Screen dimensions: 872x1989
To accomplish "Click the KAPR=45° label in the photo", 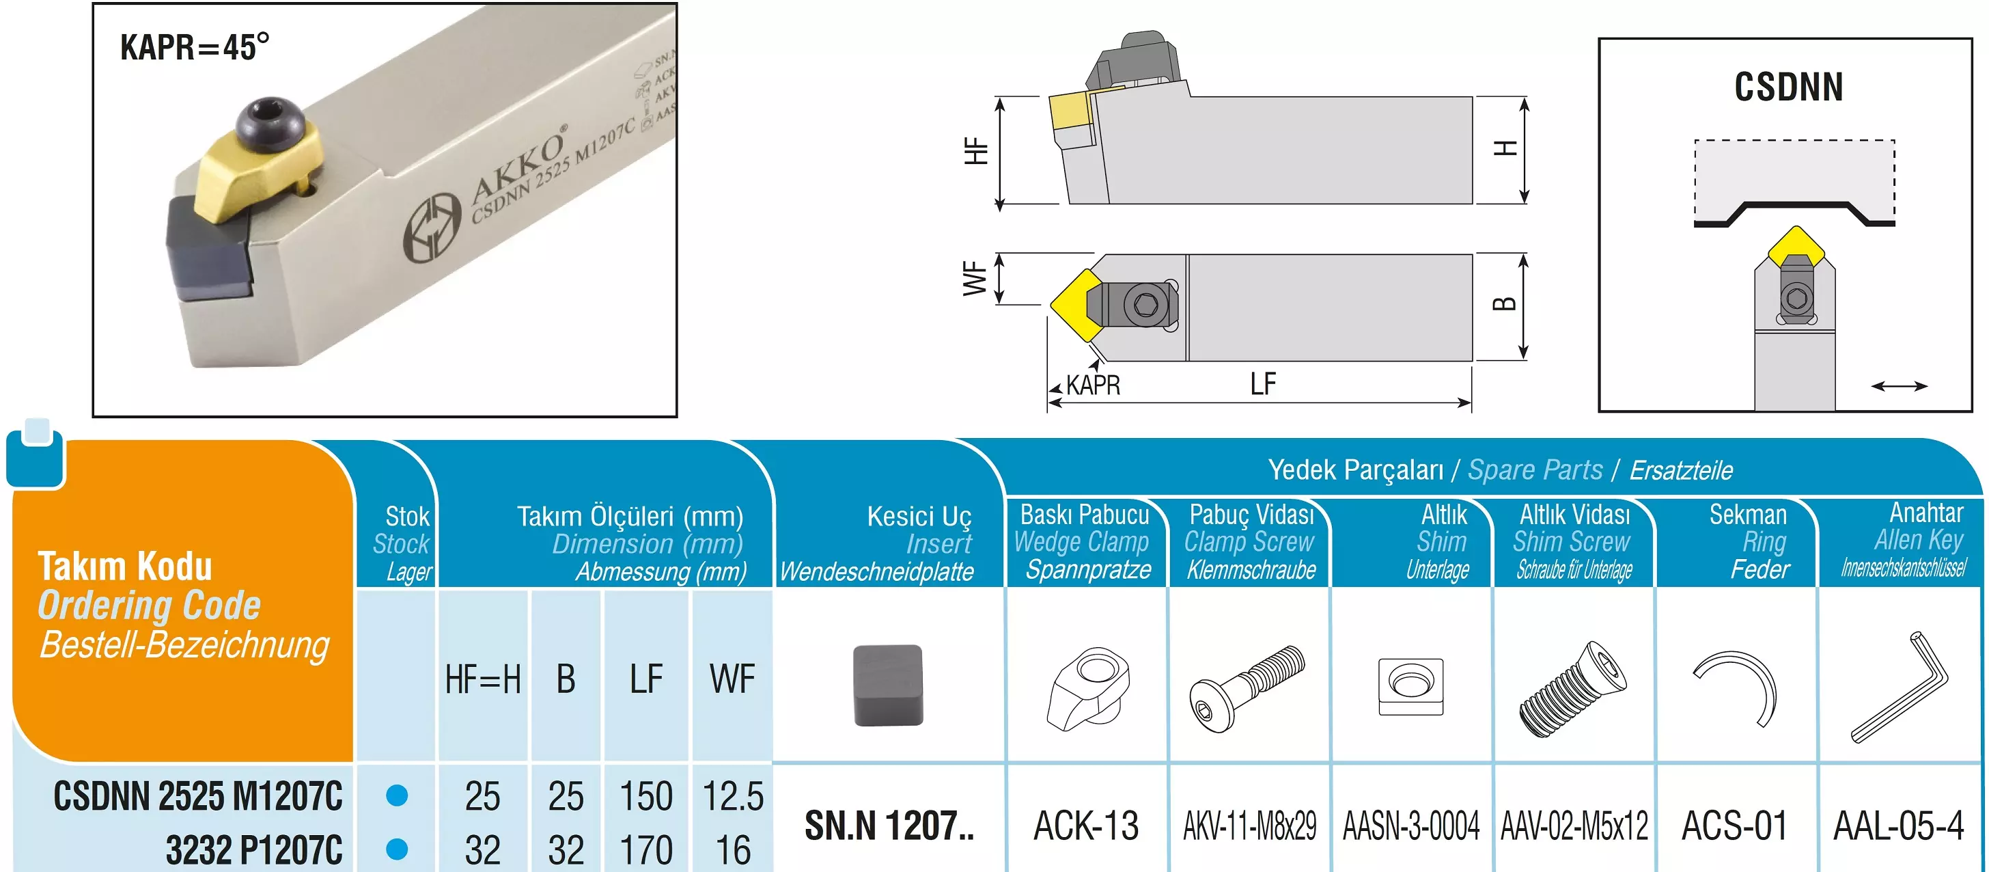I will click(195, 47).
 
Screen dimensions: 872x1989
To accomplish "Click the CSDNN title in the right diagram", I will click(1788, 87).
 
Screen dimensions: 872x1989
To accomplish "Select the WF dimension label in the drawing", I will click(975, 279).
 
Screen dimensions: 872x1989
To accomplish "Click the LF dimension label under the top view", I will click(1263, 384).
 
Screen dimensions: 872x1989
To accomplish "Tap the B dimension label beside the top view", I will click(1503, 303).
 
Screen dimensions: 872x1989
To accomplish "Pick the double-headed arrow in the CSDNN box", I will click(1900, 385).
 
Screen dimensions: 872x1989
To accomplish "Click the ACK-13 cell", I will click(1085, 826).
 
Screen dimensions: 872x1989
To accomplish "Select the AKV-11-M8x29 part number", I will click(1249, 826).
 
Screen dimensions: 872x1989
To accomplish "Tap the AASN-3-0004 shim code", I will click(1410, 826).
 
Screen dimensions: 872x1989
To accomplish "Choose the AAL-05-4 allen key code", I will click(1898, 826).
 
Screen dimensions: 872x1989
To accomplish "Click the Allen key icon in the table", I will click(1900, 687).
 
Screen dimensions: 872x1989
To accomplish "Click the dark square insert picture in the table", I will click(888, 685).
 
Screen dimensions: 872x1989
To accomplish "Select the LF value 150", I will click(646, 796).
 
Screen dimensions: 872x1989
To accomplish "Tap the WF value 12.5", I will click(732, 796).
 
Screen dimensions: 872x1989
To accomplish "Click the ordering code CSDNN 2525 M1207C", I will click(197, 796).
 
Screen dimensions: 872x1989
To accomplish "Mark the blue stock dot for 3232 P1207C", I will click(397, 849).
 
